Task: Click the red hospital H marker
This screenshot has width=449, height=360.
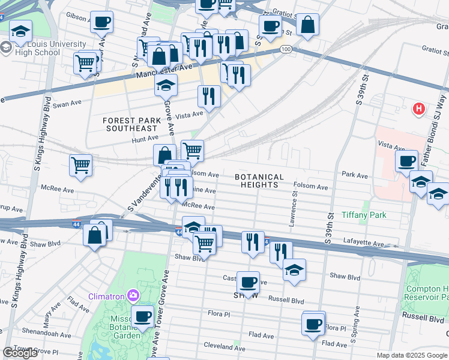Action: [419, 110]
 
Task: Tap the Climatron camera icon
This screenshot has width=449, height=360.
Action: [132, 295]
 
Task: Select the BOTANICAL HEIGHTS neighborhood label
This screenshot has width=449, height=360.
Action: [259, 181]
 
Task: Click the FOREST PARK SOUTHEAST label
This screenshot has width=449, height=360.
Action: [131, 124]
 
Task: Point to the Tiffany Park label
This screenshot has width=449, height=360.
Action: [363, 215]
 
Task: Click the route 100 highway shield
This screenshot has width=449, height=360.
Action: [286, 49]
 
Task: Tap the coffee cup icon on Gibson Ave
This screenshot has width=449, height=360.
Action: [101, 23]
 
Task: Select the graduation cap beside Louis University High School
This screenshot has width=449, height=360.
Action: [21, 32]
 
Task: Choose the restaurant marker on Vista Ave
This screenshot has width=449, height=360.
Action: [209, 95]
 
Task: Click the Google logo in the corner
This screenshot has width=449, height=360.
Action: [20, 353]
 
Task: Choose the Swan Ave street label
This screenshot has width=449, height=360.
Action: [67, 103]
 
